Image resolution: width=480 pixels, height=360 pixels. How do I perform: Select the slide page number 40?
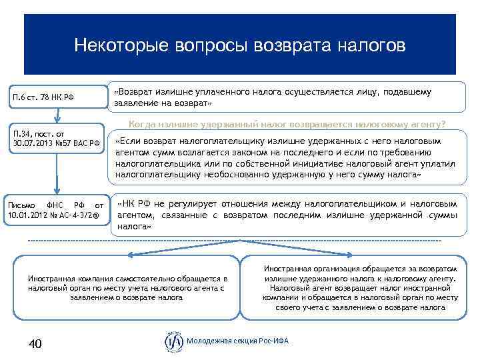[x=35, y=343]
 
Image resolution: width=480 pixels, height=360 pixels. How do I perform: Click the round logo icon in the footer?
[x=173, y=341]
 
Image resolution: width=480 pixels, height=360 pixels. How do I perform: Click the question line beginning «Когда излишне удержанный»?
[x=287, y=124]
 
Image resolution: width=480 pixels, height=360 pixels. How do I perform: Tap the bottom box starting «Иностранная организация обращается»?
[x=360, y=287]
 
